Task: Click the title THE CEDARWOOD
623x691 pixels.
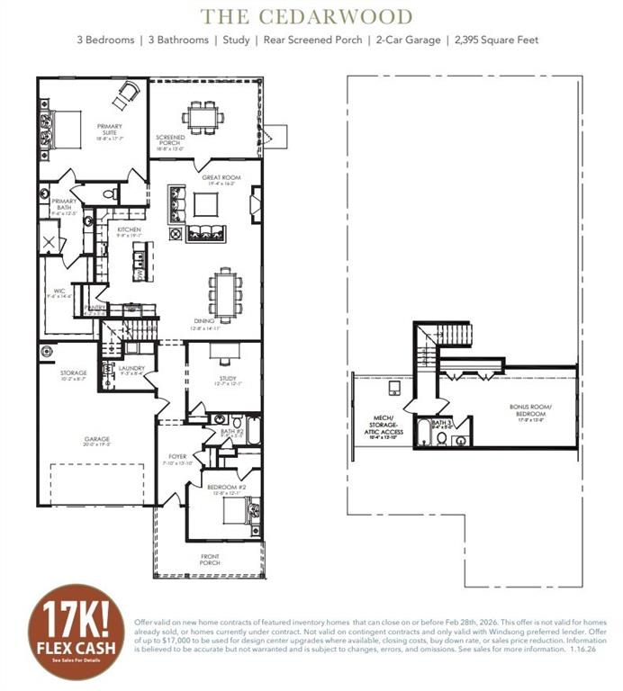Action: (307, 17)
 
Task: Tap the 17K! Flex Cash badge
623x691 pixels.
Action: (76, 633)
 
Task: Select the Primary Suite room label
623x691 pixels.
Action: (108, 131)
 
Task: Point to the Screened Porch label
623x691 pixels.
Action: (171, 142)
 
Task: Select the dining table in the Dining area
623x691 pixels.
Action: (222, 293)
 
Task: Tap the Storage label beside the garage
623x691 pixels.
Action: (74, 374)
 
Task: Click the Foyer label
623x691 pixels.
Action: (177, 458)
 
